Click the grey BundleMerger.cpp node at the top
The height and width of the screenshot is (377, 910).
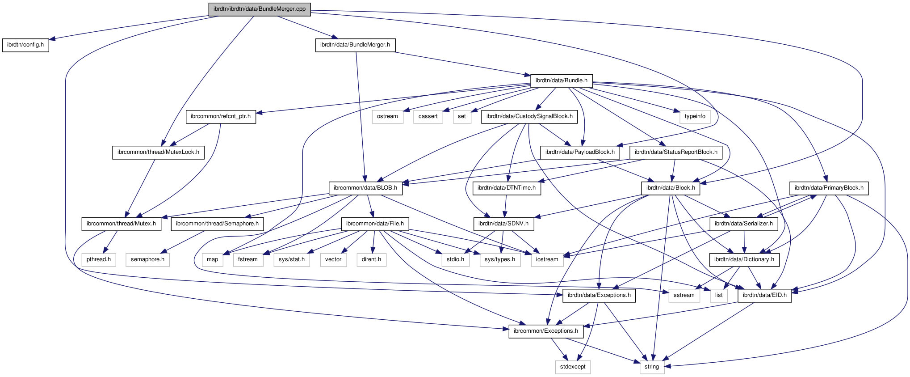click(x=259, y=9)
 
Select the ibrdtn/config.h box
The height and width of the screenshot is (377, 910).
click(x=25, y=45)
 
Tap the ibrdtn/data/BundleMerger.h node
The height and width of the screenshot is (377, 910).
click(x=355, y=45)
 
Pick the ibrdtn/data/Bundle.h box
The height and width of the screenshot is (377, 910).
click(x=561, y=80)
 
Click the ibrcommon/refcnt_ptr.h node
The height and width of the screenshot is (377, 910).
click(x=221, y=116)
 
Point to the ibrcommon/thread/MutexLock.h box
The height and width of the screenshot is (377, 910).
click(x=158, y=152)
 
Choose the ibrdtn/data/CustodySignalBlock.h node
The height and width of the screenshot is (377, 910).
click(x=529, y=116)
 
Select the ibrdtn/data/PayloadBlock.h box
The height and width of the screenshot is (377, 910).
click(x=580, y=152)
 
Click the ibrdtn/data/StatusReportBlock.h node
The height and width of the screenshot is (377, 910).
click(x=676, y=152)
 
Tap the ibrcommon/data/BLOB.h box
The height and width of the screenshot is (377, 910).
click(x=365, y=188)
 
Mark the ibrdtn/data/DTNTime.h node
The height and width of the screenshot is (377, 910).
click(x=506, y=188)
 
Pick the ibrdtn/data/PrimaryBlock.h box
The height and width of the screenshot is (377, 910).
click(x=829, y=188)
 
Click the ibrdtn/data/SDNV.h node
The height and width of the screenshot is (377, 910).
click(x=503, y=224)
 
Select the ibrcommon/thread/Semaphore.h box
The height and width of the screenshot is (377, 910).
click(x=217, y=224)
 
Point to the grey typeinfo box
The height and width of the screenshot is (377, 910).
click(x=695, y=116)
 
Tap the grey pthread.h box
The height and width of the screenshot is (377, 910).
click(x=99, y=259)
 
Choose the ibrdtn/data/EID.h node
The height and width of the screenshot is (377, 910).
click(x=764, y=295)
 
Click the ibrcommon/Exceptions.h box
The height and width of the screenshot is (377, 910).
click(x=545, y=331)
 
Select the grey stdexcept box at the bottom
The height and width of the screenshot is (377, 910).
click(x=572, y=367)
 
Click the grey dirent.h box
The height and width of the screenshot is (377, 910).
click(x=371, y=259)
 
